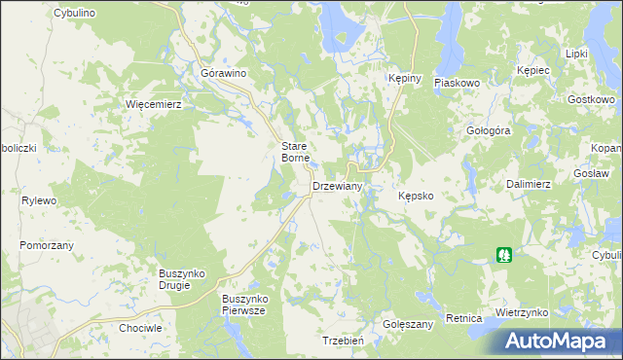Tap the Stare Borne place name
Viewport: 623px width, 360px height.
[295, 151]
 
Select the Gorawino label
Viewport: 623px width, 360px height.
[223, 73]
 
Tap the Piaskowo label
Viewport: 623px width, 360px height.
[458, 84]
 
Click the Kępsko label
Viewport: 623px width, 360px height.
[422, 196]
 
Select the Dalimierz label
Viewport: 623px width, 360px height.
[529, 184]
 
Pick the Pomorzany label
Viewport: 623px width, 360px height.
[47, 245]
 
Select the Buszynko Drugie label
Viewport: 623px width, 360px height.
[181, 279]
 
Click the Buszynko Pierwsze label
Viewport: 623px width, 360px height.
[244, 304]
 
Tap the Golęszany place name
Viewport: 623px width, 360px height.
[407, 324]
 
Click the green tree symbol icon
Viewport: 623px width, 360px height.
[504, 255]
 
